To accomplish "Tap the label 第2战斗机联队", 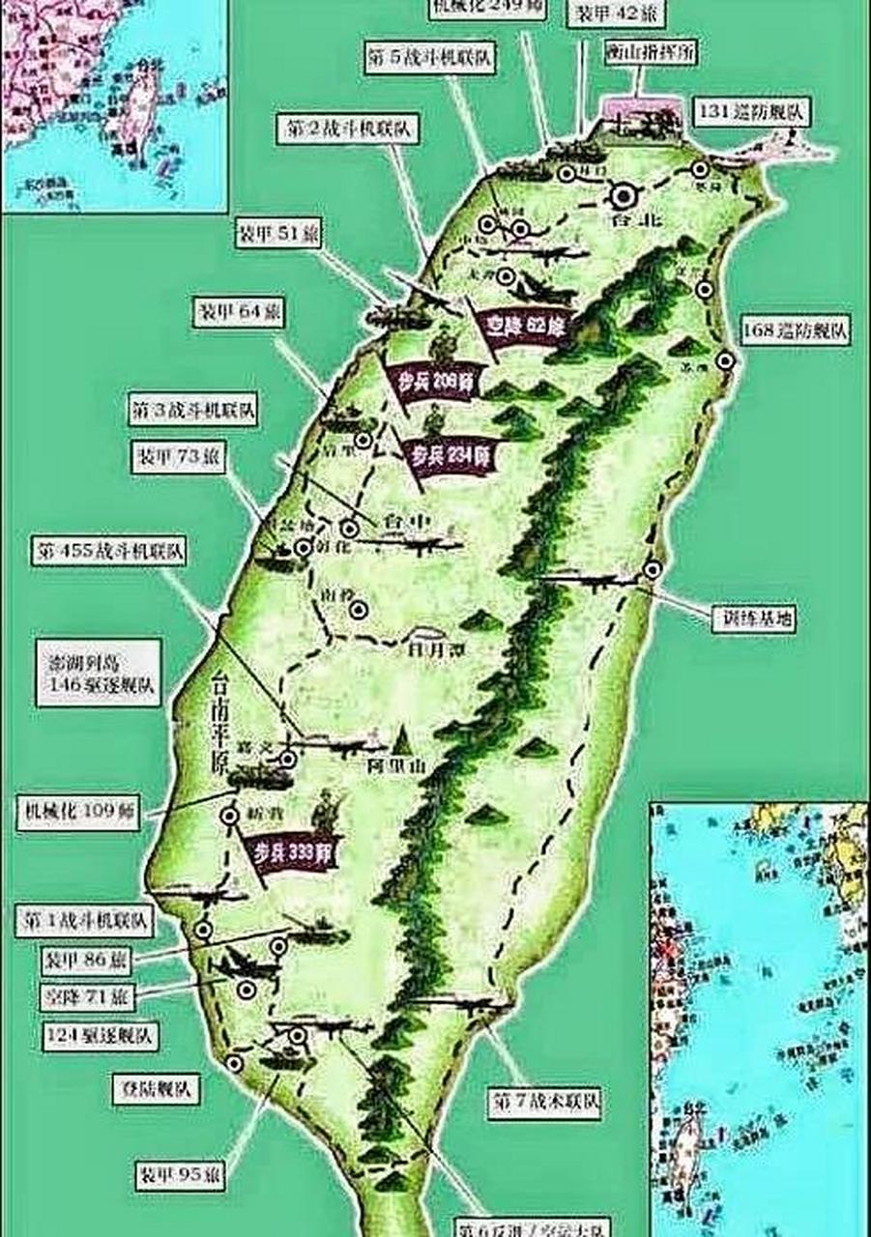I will pyautogui.click(x=348, y=130).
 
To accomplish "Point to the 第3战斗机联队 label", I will pyautogui.click(x=193, y=410).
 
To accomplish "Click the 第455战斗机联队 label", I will pyautogui.click(x=110, y=553).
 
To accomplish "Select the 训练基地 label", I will pyautogui.click(x=753, y=618).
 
